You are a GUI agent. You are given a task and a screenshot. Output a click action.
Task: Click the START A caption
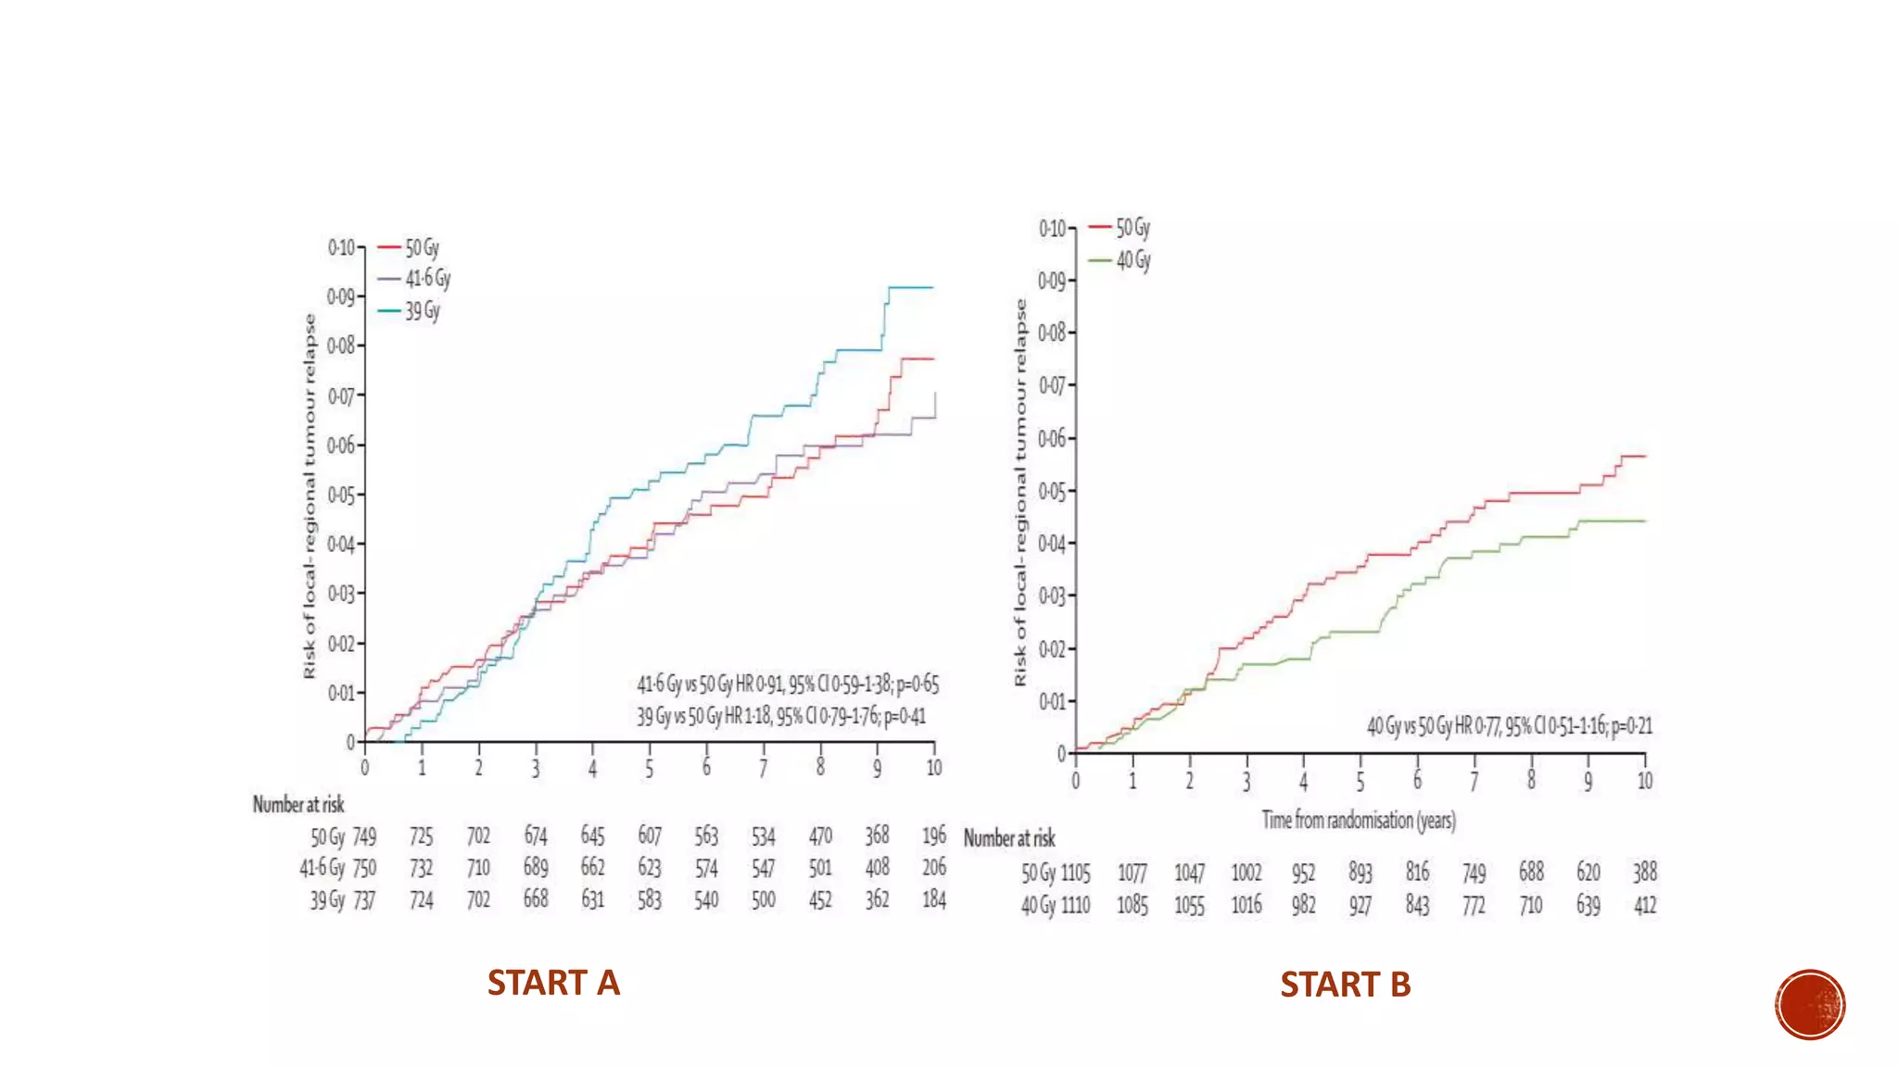[x=553, y=983]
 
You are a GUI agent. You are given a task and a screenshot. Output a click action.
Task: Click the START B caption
[x=1345, y=985]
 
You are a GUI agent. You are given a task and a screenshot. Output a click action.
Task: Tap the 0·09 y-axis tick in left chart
[x=341, y=297]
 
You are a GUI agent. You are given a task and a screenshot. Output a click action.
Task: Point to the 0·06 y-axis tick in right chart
[x=1052, y=438]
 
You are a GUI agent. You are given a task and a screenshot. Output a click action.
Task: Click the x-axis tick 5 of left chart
[x=650, y=769]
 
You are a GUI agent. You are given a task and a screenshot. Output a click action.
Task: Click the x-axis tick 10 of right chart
[x=1645, y=781]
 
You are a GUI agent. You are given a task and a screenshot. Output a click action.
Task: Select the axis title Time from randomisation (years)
[x=1358, y=821]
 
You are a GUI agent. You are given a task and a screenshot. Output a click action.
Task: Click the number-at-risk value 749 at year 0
[x=364, y=837]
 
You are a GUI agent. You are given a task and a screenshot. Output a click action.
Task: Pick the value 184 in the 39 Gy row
[x=934, y=899]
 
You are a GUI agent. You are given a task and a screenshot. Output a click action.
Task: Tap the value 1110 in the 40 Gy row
[x=1075, y=905]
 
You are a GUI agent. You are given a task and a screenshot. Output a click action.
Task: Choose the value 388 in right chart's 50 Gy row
[x=1645, y=872]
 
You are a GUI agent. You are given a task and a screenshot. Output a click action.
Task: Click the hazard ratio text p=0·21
[x=1632, y=726]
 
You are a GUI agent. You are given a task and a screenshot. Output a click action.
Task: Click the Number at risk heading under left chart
[x=298, y=805]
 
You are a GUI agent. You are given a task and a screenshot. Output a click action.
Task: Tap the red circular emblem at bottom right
[x=1810, y=1005]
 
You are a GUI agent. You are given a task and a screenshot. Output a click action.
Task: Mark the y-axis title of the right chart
[x=1020, y=493]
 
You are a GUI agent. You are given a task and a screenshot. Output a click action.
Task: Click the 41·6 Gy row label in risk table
[x=322, y=869]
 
